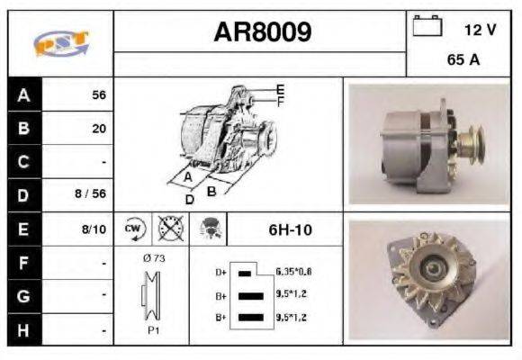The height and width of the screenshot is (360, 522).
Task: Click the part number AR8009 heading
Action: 263,33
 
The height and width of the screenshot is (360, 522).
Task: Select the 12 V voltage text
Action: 480,30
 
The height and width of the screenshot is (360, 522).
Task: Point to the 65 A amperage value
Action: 463,61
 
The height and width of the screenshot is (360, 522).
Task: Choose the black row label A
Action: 23,94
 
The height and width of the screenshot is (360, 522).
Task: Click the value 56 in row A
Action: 98,94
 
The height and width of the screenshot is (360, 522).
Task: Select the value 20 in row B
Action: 98,128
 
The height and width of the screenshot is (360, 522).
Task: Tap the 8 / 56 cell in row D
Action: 93,193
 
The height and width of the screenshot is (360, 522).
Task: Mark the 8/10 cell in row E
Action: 94,229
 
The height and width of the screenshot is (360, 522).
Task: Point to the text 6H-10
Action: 290,229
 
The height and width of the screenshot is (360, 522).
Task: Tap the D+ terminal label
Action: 221,271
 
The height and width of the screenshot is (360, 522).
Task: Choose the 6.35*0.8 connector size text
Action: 294,271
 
